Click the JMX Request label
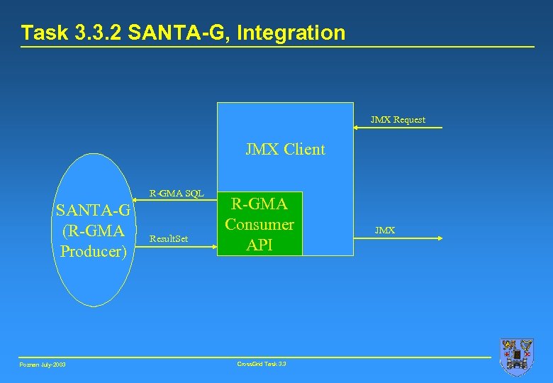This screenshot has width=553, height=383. click(398, 120)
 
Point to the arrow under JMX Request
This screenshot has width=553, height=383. click(398, 128)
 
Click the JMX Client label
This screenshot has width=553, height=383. click(285, 149)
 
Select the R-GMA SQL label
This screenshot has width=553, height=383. click(176, 193)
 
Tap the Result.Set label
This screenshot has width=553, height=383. click(169, 239)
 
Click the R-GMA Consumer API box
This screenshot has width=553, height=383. click(259, 223)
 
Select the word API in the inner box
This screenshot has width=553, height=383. click(259, 245)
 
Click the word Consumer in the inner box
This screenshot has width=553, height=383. click(259, 224)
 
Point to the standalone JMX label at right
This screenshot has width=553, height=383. click(385, 231)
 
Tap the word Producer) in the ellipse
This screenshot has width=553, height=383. click(94, 251)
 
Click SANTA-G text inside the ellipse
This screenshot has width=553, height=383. click(94, 211)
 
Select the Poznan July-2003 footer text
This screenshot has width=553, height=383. click(43, 365)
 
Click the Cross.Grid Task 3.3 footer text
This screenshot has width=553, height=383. click(261, 364)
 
